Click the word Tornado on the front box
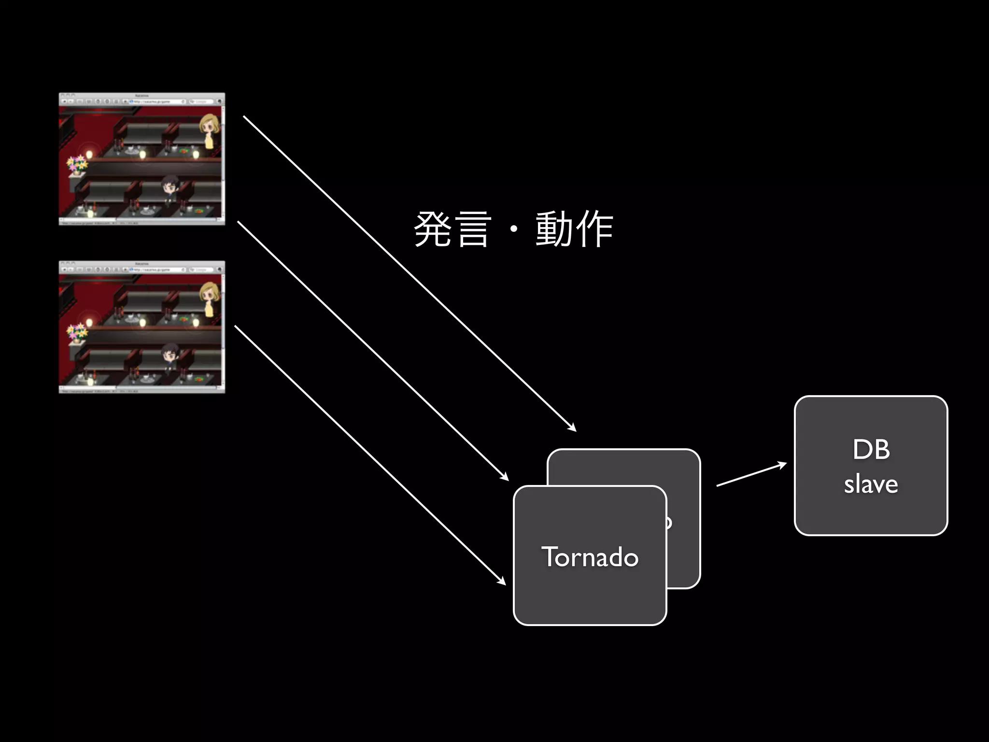click(590, 557)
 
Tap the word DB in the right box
click(871, 450)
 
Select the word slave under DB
click(871, 484)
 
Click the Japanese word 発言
click(452, 229)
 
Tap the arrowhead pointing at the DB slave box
click(783, 465)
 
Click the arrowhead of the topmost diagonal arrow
click(573, 428)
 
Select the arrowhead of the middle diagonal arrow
click(505, 477)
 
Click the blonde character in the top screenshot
click(209, 130)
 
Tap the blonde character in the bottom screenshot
click(209, 298)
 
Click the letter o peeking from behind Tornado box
click(669, 522)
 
